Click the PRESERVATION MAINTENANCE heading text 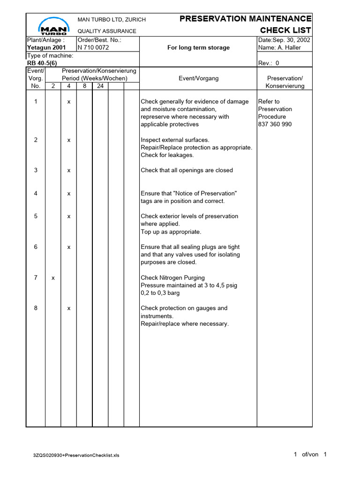[245, 19]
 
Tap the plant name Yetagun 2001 [46, 47]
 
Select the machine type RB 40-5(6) [43, 63]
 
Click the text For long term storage [198, 47]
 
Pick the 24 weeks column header [100, 86]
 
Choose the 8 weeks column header [84, 86]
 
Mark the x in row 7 [53, 278]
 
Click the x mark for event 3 [68, 170]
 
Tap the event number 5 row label [36, 216]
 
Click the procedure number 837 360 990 [275, 124]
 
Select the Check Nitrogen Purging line [172, 278]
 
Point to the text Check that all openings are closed [187, 170]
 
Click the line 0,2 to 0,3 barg [160, 293]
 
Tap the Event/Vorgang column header [198, 78]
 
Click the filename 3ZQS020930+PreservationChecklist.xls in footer [76, 455]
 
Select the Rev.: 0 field [269, 63]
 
